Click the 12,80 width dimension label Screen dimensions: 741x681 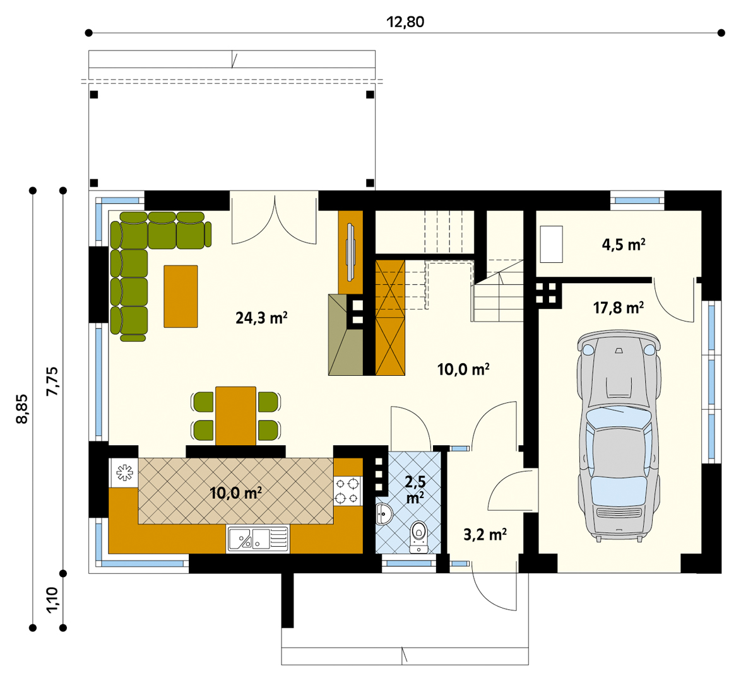click(405, 22)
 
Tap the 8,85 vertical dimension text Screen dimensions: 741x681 click(23, 409)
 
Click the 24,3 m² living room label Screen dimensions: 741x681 click(261, 317)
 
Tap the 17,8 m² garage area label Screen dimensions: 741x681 click(618, 308)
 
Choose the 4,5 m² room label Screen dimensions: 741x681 click(624, 244)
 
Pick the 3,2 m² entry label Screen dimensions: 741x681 click(485, 535)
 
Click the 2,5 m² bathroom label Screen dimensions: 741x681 click(415, 489)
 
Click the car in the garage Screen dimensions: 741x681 click(618, 436)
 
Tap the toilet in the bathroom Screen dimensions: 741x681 click(418, 537)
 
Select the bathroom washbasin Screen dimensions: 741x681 click(384, 513)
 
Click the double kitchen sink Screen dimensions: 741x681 click(258, 539)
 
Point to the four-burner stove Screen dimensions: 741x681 click(347, 491)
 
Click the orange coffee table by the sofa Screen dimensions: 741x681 click(181, 296)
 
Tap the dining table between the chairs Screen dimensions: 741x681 click(236, 416)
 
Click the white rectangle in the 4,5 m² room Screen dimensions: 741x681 click(552, 244)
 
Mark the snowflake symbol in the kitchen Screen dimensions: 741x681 click(124, 472)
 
